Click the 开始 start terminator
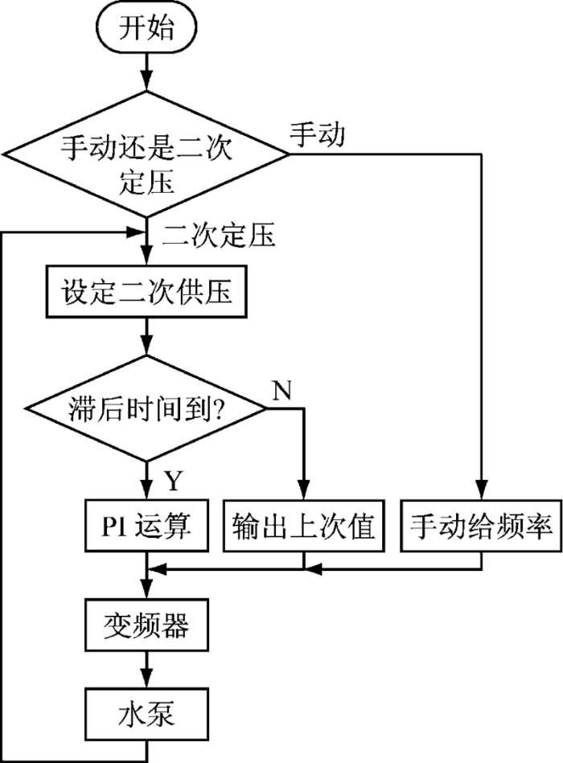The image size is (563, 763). [x=146, y=27]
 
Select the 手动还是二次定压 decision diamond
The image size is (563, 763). [x=146, y=154]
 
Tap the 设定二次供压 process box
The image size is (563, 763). [x=146, y=292]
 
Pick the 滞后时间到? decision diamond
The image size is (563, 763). [x=146, y=408]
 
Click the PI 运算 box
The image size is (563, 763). [x=146, y=526]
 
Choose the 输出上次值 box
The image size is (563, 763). [x=304, y=526]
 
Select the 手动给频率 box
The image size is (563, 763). [x=481, y=526]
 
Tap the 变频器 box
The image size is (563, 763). [x=146, y=626]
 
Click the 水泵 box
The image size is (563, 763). [x=146, y=714]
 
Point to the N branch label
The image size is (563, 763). [x=281, y=389]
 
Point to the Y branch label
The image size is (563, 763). [x=174, y=480]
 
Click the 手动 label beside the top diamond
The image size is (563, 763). [x=318, y=134]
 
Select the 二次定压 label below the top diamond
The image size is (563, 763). [x=219, y=235]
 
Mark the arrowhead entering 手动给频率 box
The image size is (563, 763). [x=481, y=490]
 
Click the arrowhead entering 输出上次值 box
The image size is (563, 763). [x=304, y=490]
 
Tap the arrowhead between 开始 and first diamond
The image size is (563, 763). [x=146, y=81]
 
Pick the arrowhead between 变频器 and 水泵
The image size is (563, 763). [x=146, y=678]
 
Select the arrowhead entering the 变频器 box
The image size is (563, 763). [x=146, y=589]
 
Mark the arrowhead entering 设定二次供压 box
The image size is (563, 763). [x=146, y=256]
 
